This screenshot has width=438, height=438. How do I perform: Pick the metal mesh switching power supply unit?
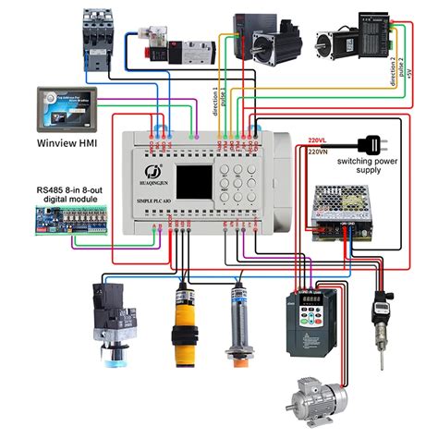tap(342, 211)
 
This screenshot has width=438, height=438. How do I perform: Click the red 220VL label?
tap(320, 140)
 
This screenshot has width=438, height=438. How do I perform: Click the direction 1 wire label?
tap(218, 102)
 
